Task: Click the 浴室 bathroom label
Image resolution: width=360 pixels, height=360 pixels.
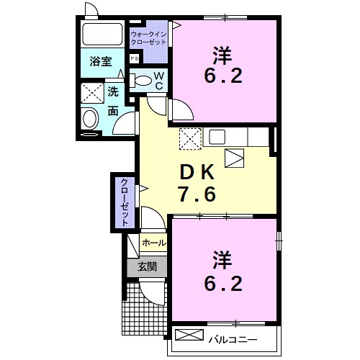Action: tap(101, 62)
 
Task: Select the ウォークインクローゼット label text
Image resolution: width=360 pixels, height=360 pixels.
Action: tap(148, 37)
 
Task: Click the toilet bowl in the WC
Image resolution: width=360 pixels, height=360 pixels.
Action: tap(143, 80)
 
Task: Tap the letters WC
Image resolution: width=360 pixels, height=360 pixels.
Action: tap(160, 80)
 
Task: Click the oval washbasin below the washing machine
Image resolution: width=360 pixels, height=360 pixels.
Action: tap(90, 118)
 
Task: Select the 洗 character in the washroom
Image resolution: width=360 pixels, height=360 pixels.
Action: tap(114, 92)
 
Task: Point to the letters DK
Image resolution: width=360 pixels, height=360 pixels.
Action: tap(197, 172)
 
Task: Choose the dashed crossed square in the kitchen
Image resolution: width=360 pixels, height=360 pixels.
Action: tap(189, 136)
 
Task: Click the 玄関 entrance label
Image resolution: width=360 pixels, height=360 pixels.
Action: tap(148, 266)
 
